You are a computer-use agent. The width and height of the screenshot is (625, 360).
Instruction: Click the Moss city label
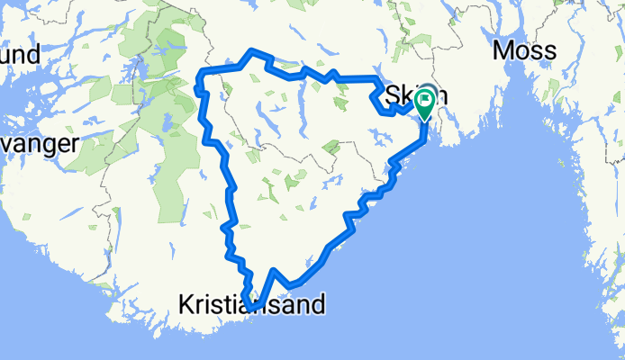(x=524, y=50)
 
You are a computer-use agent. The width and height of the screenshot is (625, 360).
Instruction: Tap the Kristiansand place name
(x=251, y=305)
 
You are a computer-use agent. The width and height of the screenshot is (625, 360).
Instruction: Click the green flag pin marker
(x=424, y=107)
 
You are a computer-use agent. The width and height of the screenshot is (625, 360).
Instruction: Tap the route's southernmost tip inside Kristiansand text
(x=255, y=310)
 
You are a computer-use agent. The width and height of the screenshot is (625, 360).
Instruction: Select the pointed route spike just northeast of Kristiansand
(x=274, y=270)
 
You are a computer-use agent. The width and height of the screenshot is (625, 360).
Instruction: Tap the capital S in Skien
(x=393, y=95)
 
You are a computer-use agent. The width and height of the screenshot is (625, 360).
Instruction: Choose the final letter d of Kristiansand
(x=317, y=304)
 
